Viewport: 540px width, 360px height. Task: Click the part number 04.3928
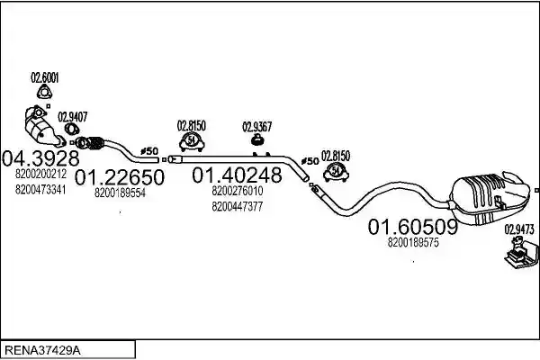[x=40, y=158]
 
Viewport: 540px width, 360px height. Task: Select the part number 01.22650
[x=120, y=177]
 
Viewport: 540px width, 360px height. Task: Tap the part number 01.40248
[x=237, y=175]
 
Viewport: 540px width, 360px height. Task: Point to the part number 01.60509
[x=413, y=227]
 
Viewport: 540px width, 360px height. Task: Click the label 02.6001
[x=45, y=78]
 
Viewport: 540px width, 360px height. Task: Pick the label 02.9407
[x=72, y=117]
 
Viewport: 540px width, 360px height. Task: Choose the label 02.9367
[x=256, y=127]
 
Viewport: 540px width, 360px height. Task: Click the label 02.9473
[x=519, y=229]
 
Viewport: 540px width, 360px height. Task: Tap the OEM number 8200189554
[x=120, y=193]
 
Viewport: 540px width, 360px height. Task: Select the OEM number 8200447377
[x=238, y=207]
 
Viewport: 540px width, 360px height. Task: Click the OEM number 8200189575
[x=413, y=242]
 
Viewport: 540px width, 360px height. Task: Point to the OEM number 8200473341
[x=40, y=190]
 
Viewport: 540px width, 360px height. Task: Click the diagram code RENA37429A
[x=42, y=351]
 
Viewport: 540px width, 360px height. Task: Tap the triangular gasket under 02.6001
[x=44, y=93]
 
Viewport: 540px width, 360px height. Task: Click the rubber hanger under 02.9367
[x=256, y=139]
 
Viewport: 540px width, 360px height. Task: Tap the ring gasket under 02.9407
[x=72, y=130]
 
